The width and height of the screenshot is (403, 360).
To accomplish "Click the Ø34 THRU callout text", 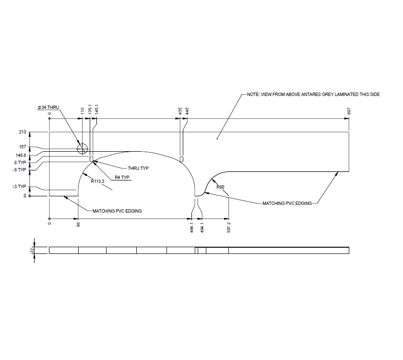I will (x=48, y=107).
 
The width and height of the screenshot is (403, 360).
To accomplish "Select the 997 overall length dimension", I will (x=349, y=111).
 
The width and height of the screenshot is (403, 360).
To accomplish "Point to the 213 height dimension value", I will (x=22, y=131).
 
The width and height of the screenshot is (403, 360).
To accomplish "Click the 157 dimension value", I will (x=22, y=147).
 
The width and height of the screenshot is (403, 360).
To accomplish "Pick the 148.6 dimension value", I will (x=20, y=155).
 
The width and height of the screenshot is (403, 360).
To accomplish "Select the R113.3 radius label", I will (x=98, y=181).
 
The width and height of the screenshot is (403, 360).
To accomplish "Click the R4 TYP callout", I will (x=122, y=178).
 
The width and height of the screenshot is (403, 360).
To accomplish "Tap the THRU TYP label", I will (x=138, y=168).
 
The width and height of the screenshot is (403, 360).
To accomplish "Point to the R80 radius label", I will (x=220, y=187).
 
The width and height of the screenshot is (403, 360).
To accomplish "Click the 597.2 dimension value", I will (x=229, y=227).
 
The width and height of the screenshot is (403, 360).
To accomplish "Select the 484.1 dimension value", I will (x=192, y=227).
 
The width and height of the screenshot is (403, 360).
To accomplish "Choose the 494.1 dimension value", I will (x=202, y=227).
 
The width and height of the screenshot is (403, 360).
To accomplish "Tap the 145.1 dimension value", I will (x=96, y=109).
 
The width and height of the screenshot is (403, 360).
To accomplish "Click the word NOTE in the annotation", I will (x=253, y=95).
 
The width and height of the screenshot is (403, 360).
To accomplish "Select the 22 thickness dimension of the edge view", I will (x=32, y=250).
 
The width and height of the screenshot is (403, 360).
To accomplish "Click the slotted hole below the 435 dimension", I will (x=182, y=158).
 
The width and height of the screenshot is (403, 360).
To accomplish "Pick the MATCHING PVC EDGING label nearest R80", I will (x=287, y=204).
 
